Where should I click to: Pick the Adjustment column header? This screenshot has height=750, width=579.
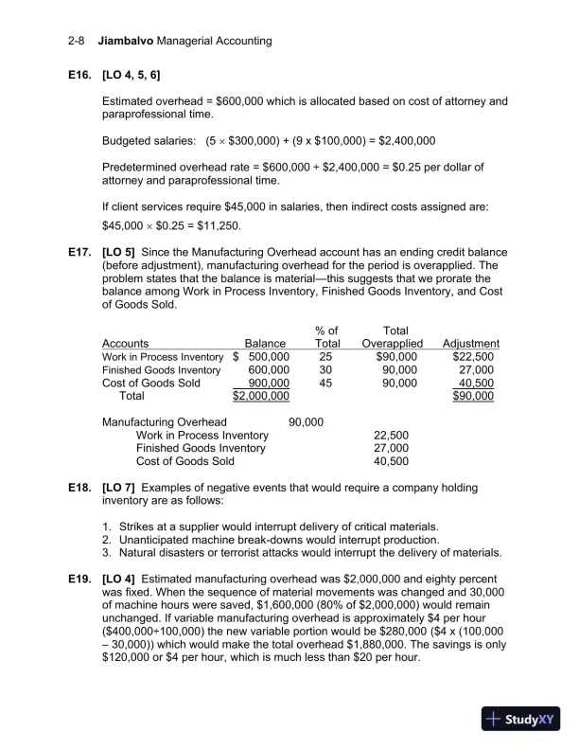click(470, 343)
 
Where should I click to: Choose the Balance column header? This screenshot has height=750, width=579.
click(265, 343)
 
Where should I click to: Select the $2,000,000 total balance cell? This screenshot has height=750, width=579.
click(260, 396)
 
